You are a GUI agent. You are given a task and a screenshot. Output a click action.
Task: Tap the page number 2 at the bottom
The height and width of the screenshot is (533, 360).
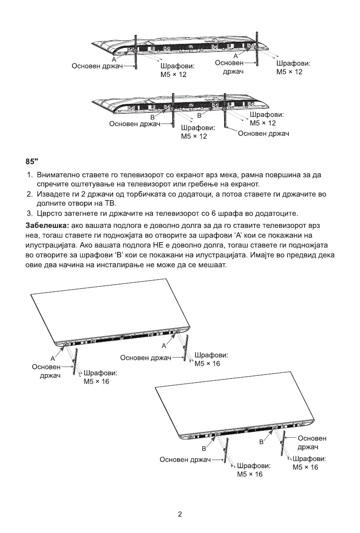tap(180, 514)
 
